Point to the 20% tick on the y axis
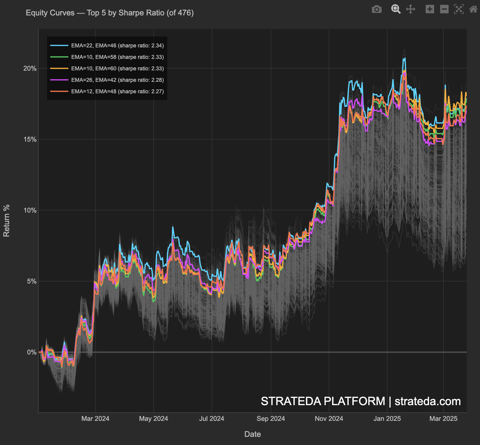coord(30,69)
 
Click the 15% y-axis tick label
coord(30,139)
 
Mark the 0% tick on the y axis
coord(32,352)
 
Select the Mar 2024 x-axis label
coord(95,419)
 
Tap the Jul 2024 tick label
coord(212,419)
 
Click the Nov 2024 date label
coord(329,419)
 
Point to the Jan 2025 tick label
coord(387,419)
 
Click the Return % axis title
coord(7,221)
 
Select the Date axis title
coord(252,434)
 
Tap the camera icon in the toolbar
coord(376,9)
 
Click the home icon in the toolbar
coord(473,9)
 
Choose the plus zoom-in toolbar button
coord(430,9)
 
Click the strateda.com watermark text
coord(427,402)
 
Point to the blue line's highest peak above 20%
coord(404,59)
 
